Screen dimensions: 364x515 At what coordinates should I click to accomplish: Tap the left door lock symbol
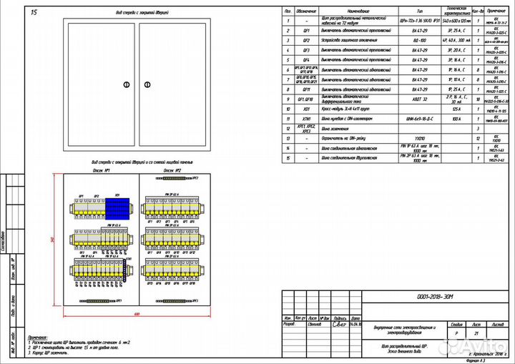(127, 84)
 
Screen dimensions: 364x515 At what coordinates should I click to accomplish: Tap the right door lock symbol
(149, 84)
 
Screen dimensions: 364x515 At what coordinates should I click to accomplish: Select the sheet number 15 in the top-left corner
(34, 13)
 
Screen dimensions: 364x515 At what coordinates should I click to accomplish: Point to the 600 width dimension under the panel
(136, 313)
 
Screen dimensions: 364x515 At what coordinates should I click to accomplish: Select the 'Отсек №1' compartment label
(101, 171)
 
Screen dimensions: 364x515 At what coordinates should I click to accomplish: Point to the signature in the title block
(340, 323)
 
